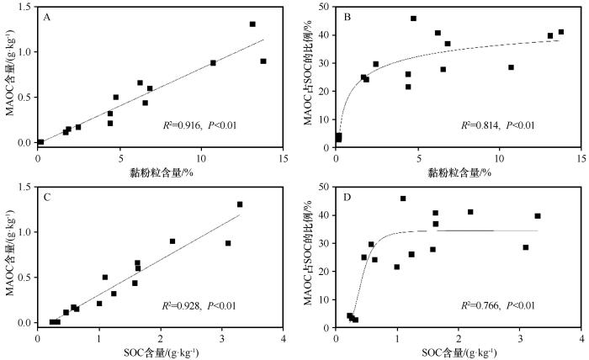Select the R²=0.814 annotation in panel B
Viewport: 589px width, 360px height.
(x=497, y=124)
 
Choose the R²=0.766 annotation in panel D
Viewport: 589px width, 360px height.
(x=497, y=304)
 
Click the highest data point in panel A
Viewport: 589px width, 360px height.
(x=252, y=24)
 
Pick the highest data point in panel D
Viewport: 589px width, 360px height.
(x=403, y=199)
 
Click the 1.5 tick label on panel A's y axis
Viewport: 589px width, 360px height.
(x=24, y=7)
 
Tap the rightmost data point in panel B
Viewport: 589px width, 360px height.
(x=561, y=32)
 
